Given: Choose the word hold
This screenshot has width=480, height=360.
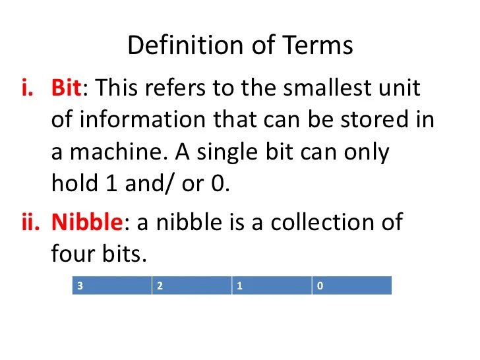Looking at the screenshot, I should tap(71, 184).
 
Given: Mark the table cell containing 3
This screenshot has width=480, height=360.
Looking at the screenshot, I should tap(112, 285).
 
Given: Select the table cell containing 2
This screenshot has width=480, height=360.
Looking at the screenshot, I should tap(192, 285).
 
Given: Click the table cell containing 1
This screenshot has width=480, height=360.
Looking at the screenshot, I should tap(272, 285).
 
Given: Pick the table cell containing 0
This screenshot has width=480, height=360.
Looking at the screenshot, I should tap(351, 285).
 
